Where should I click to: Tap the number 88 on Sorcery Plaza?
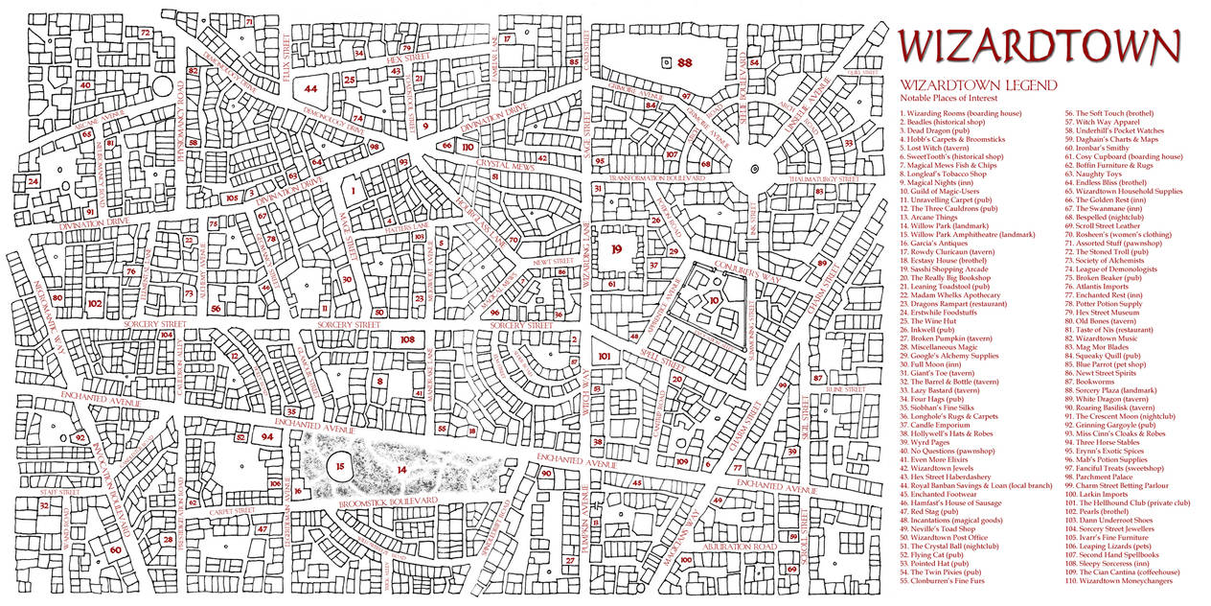pos(684,62)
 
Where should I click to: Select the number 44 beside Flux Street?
pos(310,88)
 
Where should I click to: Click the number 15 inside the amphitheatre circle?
pos(340,467)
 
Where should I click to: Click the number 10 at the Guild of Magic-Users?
pos(714,300)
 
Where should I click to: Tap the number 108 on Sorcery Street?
pos(407,339)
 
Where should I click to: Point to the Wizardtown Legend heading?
pos(979,85)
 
